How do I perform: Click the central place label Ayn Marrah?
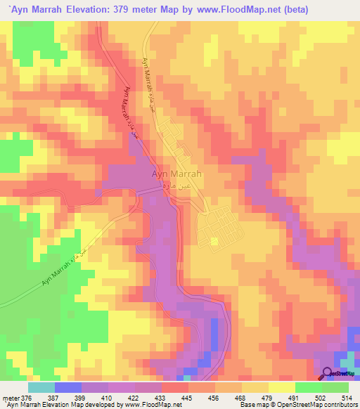[x=177, y=174]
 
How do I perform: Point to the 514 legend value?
[x=347, y=398]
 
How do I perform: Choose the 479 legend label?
[x=266, y=398]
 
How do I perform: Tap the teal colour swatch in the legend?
[x=41, y=387]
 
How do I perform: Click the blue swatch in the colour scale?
[x=67, y=387]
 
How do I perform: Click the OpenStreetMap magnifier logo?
[x=328, y=374]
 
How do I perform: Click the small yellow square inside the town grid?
[x=214, y=241]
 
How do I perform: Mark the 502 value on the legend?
[x=321, y=398]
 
